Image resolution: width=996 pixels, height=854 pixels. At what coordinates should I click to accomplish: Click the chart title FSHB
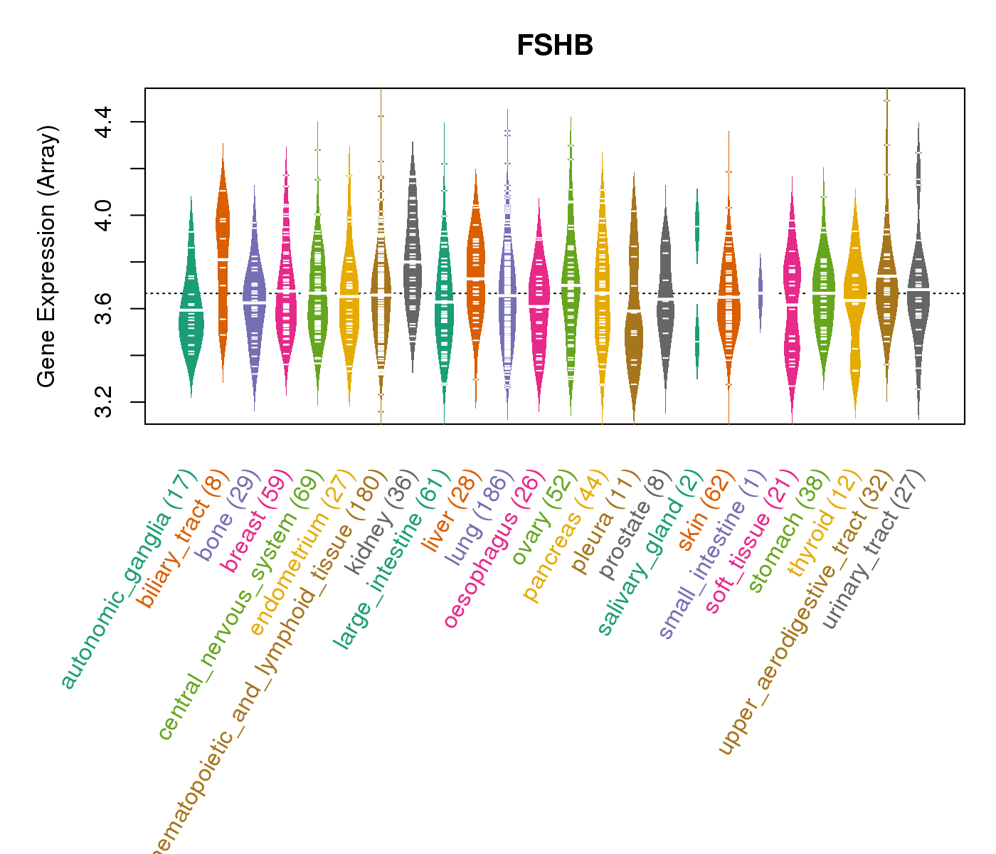(x=555, y=46)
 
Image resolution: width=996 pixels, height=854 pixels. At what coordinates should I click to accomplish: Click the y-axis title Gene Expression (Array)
(x=47, y=256)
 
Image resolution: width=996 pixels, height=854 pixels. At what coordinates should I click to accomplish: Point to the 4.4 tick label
(x=103, y=122)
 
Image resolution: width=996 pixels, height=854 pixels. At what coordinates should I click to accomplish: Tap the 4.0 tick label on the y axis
(x=103, y=215)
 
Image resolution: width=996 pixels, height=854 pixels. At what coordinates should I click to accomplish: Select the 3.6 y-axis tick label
(x=103, y=308)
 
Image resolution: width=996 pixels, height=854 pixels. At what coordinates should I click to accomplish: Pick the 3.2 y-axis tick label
(x=103, y=402)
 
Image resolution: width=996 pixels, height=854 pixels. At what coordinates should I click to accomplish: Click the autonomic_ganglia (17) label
(x=128, y=580)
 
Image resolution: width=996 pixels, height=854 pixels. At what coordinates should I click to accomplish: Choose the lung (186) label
(x=477, y=520)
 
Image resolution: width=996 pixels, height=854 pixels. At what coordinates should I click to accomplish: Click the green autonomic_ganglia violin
(x=191, y=313)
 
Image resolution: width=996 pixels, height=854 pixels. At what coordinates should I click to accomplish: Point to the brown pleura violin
(x=634, y=334)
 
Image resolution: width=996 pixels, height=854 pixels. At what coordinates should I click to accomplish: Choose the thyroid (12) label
(x=817, y=527)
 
